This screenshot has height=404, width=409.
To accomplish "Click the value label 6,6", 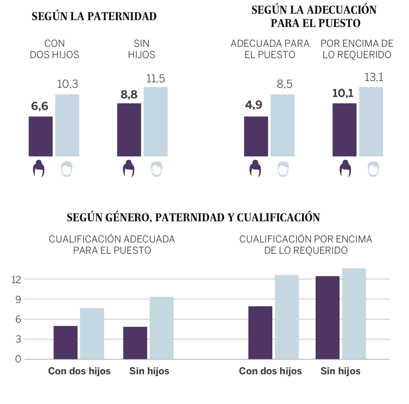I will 40,106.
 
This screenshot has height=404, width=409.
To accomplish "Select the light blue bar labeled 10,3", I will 67,125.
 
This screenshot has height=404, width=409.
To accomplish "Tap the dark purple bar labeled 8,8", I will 129,130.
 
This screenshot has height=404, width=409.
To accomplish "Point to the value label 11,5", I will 156,79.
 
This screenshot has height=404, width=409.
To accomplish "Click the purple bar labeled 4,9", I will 256,136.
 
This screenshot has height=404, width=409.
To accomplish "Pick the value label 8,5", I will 285,84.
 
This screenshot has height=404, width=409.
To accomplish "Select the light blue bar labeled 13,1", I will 371,122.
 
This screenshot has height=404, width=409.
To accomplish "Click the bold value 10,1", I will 343,93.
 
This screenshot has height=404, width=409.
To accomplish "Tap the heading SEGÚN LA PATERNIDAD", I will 94,16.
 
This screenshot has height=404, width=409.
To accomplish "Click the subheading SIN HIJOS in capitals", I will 141,49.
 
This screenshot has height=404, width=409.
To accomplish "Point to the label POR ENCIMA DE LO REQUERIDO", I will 357,49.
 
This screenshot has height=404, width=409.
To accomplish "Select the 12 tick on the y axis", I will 16,280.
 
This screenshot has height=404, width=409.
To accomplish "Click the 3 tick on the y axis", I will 18,339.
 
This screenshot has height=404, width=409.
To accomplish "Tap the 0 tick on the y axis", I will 18,359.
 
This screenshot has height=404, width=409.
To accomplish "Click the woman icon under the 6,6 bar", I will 39,168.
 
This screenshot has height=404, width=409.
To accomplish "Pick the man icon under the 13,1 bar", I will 373,169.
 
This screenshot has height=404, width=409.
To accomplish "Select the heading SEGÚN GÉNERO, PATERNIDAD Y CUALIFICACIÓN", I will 193,218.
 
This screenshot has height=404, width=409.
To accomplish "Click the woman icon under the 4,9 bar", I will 255,168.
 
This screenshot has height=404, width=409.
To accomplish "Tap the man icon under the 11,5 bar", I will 156,169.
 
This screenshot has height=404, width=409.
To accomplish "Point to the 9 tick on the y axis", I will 18,299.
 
